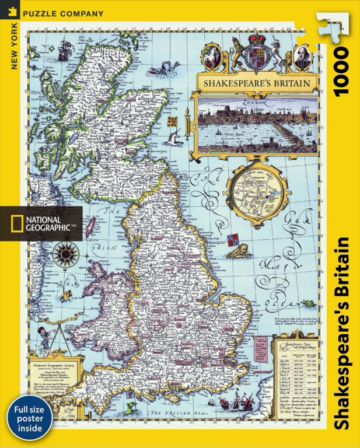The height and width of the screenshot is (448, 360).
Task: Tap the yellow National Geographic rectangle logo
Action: click(12, 223)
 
